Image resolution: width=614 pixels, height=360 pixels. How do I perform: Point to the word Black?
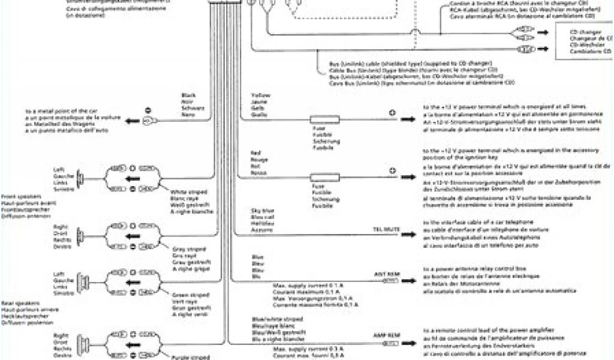[189, 95]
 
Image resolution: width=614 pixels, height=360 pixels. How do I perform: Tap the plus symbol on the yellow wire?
[393, 112]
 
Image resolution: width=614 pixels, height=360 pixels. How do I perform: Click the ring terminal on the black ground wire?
[151, 121]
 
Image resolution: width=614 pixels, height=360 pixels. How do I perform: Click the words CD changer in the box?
[582, 32]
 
